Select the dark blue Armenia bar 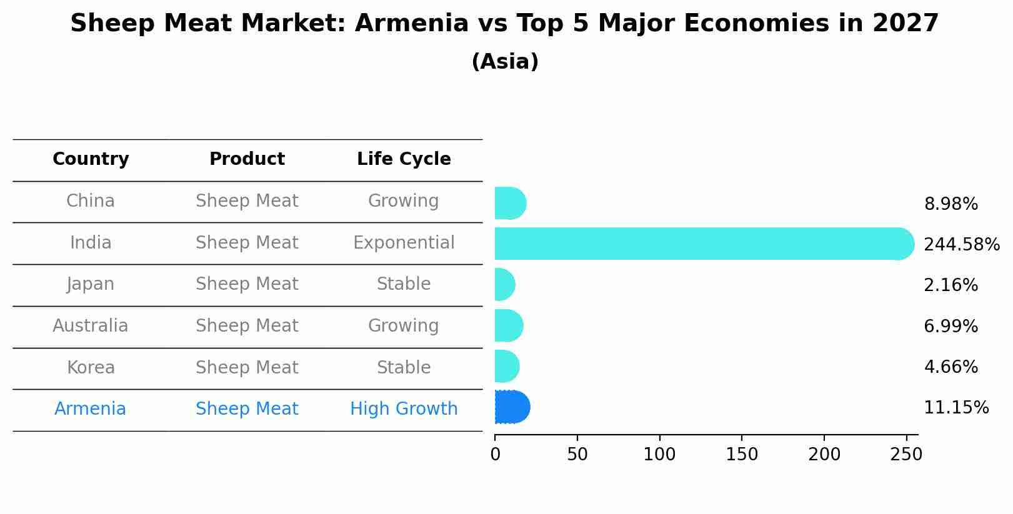pos(512,407)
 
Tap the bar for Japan pos(504,285)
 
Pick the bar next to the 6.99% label pos(508,325)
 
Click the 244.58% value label pos(961,245)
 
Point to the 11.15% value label pos(956,408)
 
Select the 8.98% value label pos(951,204)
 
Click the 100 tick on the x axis pos(659,455)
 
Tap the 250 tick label pos(906,455)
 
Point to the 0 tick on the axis pos(495,455)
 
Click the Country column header pos(91,159)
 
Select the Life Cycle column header pos(404,159)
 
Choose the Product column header pos(247,159)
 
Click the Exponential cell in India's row pos(404,243)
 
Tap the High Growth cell pos(404,409)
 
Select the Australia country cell pos(91,326)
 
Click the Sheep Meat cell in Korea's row pos(247,368)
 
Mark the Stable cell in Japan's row pos(404,284)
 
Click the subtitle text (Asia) pos(505,62)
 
